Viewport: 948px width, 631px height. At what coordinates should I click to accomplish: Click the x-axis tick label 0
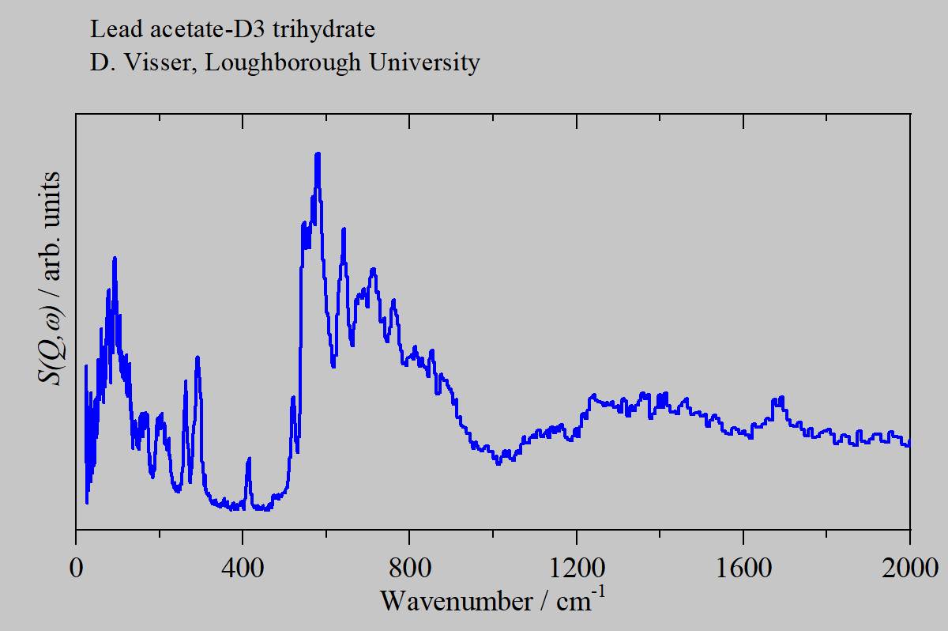click(76, 569)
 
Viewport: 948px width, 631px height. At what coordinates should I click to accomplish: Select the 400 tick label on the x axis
click(243, 569)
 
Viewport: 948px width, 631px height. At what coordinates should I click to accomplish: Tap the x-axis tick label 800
click(409, 569)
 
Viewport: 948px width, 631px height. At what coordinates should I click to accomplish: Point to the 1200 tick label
click(576, 569)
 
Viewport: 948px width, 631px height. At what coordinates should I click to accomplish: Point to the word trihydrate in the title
click(324, 31)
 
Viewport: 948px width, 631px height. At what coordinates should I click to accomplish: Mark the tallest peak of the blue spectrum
click(318, 156)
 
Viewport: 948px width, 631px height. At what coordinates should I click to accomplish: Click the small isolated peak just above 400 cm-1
click(249, 459)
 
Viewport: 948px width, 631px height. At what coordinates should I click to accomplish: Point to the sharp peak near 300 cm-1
click(197, 358)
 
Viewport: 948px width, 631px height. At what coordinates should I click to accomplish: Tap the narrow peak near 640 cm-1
click(344, 230)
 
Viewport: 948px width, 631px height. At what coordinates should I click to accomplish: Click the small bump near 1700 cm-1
click(781, 399)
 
